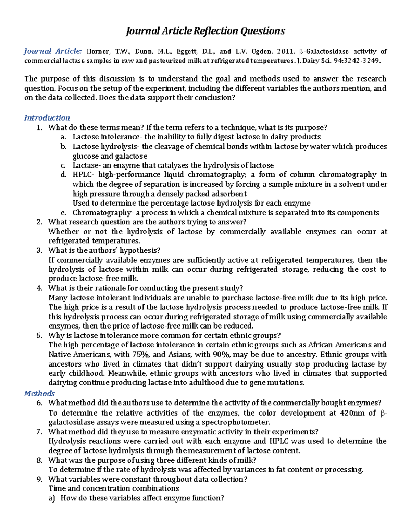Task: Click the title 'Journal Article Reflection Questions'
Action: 206,31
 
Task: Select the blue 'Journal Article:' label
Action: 53,51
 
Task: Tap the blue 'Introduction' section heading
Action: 47,118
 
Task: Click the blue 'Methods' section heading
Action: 39,393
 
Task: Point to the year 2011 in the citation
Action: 286,52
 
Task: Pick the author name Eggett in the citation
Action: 187,52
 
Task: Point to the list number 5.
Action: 39,336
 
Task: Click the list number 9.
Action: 39,479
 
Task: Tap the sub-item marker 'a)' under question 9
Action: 52,498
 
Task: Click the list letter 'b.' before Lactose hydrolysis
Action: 63,147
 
